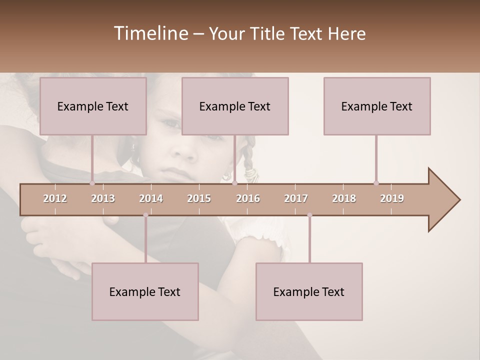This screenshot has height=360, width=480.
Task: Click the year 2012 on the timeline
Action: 55,198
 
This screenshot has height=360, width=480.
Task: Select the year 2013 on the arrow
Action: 103,198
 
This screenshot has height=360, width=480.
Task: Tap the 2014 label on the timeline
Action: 151,198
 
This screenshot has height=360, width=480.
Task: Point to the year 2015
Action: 199,198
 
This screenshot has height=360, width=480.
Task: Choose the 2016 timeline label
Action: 248,198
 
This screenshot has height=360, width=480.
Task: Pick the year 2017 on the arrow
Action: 296,198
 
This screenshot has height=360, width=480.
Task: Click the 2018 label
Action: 344,198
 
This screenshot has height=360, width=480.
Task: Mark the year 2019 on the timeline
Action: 392,198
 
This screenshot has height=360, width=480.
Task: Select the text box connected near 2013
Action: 93,106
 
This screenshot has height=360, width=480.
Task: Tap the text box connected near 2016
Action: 235,106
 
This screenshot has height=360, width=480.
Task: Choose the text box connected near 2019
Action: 377,106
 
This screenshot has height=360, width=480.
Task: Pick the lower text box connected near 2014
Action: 145,291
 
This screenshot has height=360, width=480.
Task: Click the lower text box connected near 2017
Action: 309,291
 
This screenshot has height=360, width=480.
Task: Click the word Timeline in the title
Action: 150,33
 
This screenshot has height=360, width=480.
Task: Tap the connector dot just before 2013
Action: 92,183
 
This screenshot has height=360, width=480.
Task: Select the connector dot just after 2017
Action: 309,215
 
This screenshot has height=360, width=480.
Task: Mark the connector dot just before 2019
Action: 376,183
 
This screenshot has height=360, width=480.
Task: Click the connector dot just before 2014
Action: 145,215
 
